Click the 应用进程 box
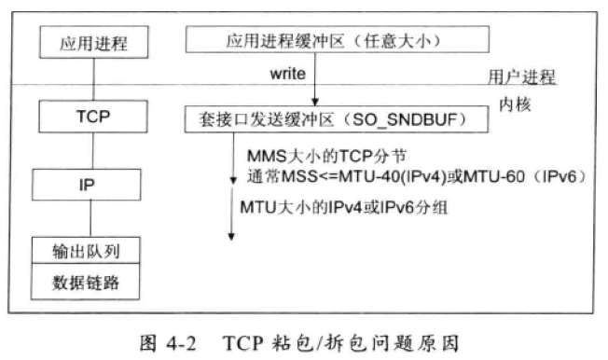click(x=94, y=42)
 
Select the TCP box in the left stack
click(x=93, y=117)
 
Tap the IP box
click(x=87, y=185)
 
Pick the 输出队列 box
click(x=86, y=251)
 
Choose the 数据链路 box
click(x=86, y=282)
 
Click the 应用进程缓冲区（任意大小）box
click(x=338, y=39)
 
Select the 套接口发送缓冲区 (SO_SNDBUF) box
click(x=337, y=119)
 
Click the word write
click(x=288, y=74)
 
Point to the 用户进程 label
click(x=521, y=77)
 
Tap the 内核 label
click(x=515, y=104)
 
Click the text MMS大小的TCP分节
click(x=326, y=157)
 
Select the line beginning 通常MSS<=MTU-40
click(x=416, y=177)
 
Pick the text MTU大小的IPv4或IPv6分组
click(x=343, y=207)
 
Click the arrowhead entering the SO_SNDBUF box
click(x=315, y=102)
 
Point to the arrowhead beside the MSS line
click(x=233, y=180)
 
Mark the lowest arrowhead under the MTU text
click(x=231, y=236)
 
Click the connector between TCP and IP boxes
click(x=92, y=151)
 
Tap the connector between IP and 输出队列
click(x=90, y=219)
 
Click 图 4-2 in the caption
click(x=168, y=343)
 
